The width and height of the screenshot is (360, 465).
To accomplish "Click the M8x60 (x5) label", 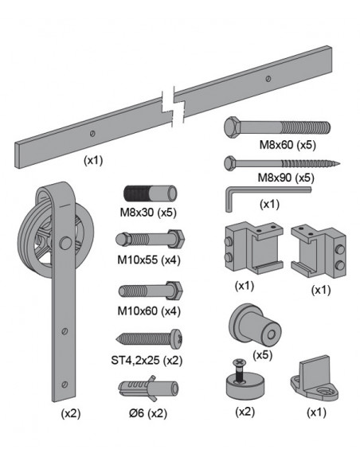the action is pyautogui.click(x=288, y=145).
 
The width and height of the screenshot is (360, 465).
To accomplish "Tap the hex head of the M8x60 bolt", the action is pyautogui.click(x=233, y=127).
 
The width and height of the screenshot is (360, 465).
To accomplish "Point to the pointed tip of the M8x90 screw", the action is pyautogui.click(x=339, y=162).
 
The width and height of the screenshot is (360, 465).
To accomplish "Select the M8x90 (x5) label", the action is pyautogui.click(x=286, y=178).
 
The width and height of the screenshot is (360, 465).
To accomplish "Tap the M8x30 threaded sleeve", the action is pyautogui.click(x=150, y=194).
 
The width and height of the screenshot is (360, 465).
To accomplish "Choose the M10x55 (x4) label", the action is pyautogui.click(x=149, y=260).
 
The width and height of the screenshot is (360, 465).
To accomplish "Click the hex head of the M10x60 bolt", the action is pyautogui.click(x=175, y=291).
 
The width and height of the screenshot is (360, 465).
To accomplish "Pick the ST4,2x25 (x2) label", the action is pyautogui.click(x=147, y=361).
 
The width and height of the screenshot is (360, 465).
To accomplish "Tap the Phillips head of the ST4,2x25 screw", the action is pyautogui.click(x=177, y=339).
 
